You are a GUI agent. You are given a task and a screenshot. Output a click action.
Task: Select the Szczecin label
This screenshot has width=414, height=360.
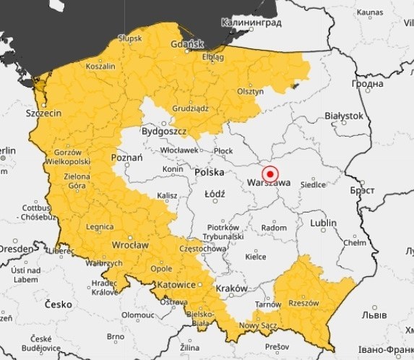[x=43, y=113]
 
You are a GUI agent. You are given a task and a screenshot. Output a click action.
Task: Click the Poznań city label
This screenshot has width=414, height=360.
[x=127, y=157]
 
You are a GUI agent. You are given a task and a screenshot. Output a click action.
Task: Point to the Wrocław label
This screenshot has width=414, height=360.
[x=130, y=245]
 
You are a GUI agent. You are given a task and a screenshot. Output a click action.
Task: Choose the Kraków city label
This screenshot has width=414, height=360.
[x=232, y=288]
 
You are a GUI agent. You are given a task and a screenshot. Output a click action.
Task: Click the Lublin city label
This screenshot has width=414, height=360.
[x=323, y=223]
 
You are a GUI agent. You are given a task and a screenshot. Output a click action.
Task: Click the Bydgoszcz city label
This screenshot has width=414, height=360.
[x=163, y=132]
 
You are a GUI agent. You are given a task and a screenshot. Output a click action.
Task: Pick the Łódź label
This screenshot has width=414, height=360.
[x=215, y=194]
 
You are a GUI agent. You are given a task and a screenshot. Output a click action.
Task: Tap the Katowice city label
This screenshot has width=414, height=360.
[x=177, y=285]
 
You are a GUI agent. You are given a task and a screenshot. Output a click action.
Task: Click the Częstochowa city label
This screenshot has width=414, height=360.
[x=202, y=248]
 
